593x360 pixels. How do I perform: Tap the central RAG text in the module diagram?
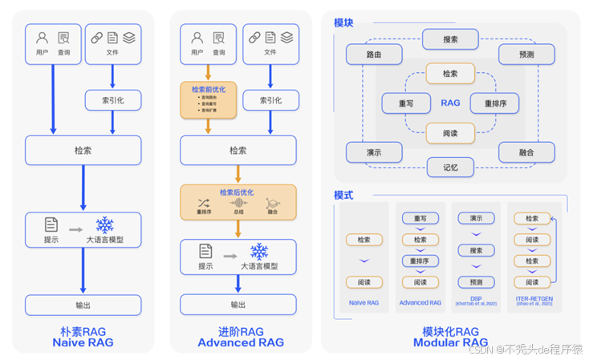[450, 103]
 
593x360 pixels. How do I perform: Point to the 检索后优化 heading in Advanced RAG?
[238, 193]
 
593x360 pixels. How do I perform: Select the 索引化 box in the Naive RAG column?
[112, 100]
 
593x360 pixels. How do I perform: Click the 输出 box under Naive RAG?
[83, 305]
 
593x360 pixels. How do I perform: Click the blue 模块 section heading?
[343, 23]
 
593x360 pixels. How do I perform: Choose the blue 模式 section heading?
[343, 195]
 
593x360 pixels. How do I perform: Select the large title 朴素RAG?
[83, 331]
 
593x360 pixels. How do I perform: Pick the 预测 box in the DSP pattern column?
[477, 282]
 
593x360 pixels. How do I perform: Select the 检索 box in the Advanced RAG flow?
[238, 150]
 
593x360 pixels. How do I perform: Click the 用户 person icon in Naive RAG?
[42, 38]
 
